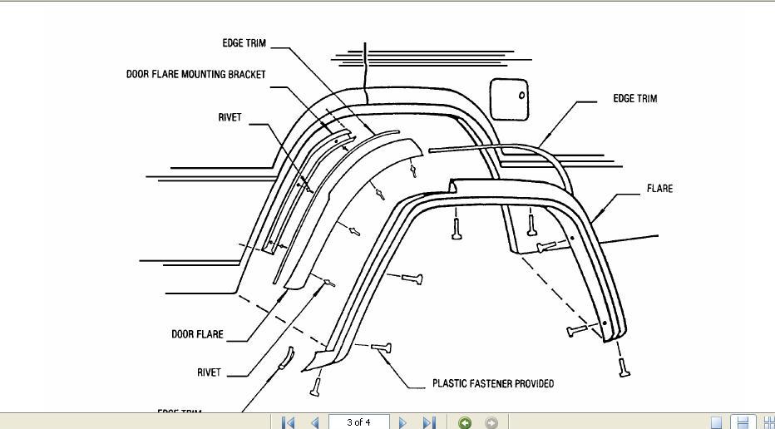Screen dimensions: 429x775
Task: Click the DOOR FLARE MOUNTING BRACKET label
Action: point(196,74)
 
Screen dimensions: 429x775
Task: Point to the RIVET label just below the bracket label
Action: point(230,117)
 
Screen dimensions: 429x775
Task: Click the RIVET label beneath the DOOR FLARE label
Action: point(209,372)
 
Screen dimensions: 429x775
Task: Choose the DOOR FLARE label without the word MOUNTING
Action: point(197,334)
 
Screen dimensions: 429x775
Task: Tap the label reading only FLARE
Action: point(659,189)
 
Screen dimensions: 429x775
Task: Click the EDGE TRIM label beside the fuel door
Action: point(634,98)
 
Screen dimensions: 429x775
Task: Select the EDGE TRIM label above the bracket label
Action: point(244,43)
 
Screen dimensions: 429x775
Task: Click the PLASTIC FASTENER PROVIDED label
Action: point(493,383)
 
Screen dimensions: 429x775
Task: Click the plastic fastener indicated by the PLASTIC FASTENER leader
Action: point(382,348)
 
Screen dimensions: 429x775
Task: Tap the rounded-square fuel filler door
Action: point(510,98)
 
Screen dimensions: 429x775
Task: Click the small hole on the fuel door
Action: point(522,95)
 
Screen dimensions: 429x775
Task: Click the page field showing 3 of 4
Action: point(359,422)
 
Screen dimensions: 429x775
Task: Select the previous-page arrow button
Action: point(314,422)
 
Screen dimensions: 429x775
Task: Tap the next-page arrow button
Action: point(403,422)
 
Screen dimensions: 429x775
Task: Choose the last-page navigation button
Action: point(429,422)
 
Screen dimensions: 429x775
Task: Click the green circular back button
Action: point(465,422)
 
